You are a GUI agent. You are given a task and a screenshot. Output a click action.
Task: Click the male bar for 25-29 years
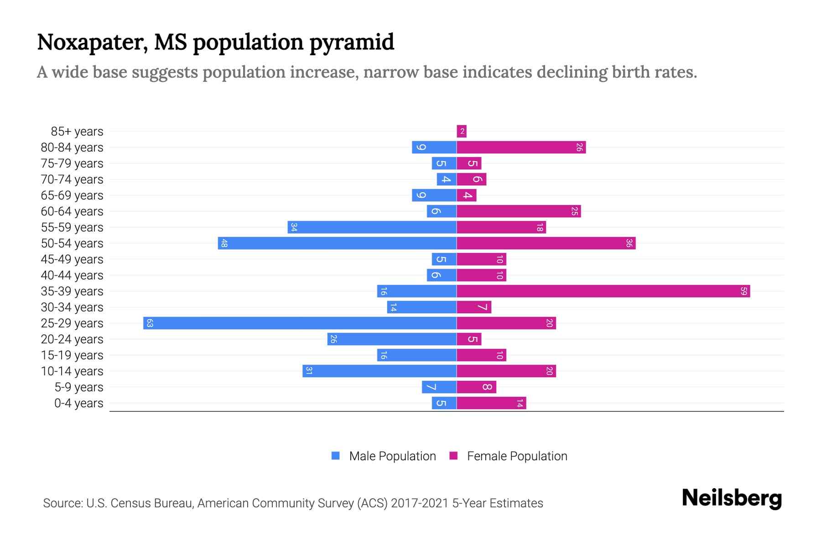[x=300, y=323]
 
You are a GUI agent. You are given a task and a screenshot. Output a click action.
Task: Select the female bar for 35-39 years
[x=603, y=291]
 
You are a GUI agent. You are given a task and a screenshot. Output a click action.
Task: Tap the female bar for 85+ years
[x=462, y=132]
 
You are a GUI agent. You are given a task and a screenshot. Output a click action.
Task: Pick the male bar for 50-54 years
[x=337, y=243]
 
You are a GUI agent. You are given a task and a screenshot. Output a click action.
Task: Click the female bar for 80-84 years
[x=521, y=148]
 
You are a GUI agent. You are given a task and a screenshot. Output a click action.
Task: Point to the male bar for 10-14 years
[x=379, y=371]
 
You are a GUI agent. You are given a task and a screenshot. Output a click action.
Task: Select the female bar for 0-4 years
[x=491, y=403]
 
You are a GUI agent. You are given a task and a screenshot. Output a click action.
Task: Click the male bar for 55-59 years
[x=372, y=227]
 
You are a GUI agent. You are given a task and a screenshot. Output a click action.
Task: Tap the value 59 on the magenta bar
[x=743, y=291]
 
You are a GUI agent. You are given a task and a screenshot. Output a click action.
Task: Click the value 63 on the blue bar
[x=150, y=323]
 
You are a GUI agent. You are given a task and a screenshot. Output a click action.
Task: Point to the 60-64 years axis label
[x=72, y=211]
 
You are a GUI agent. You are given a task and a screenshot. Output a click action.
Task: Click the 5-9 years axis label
[x=79, y=387]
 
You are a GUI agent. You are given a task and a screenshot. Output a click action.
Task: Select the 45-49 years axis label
[x=72, y=259]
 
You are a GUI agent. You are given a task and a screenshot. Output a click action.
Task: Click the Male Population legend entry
[x=392, y=456]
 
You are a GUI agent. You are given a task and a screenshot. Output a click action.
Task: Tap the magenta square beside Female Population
[x=453, y=456]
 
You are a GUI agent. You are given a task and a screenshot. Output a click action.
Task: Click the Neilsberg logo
[x=732, y=498]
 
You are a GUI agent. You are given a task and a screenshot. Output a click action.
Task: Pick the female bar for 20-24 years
[x=469, y=339]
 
